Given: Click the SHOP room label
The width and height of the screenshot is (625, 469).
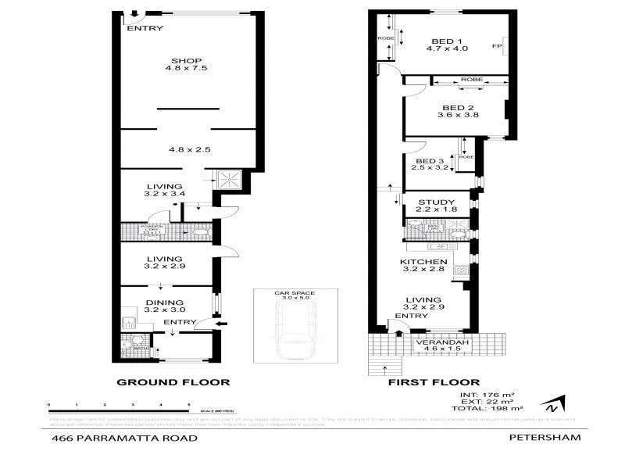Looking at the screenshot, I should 187,61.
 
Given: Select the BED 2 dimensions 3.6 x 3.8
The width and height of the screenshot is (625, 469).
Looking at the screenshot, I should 458,115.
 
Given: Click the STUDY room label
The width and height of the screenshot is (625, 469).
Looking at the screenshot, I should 436,202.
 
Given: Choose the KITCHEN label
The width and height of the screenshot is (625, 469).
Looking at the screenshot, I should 423,262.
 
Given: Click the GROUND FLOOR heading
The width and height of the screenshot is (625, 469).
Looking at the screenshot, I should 173,383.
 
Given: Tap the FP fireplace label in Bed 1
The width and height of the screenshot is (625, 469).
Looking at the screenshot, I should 496,46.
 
